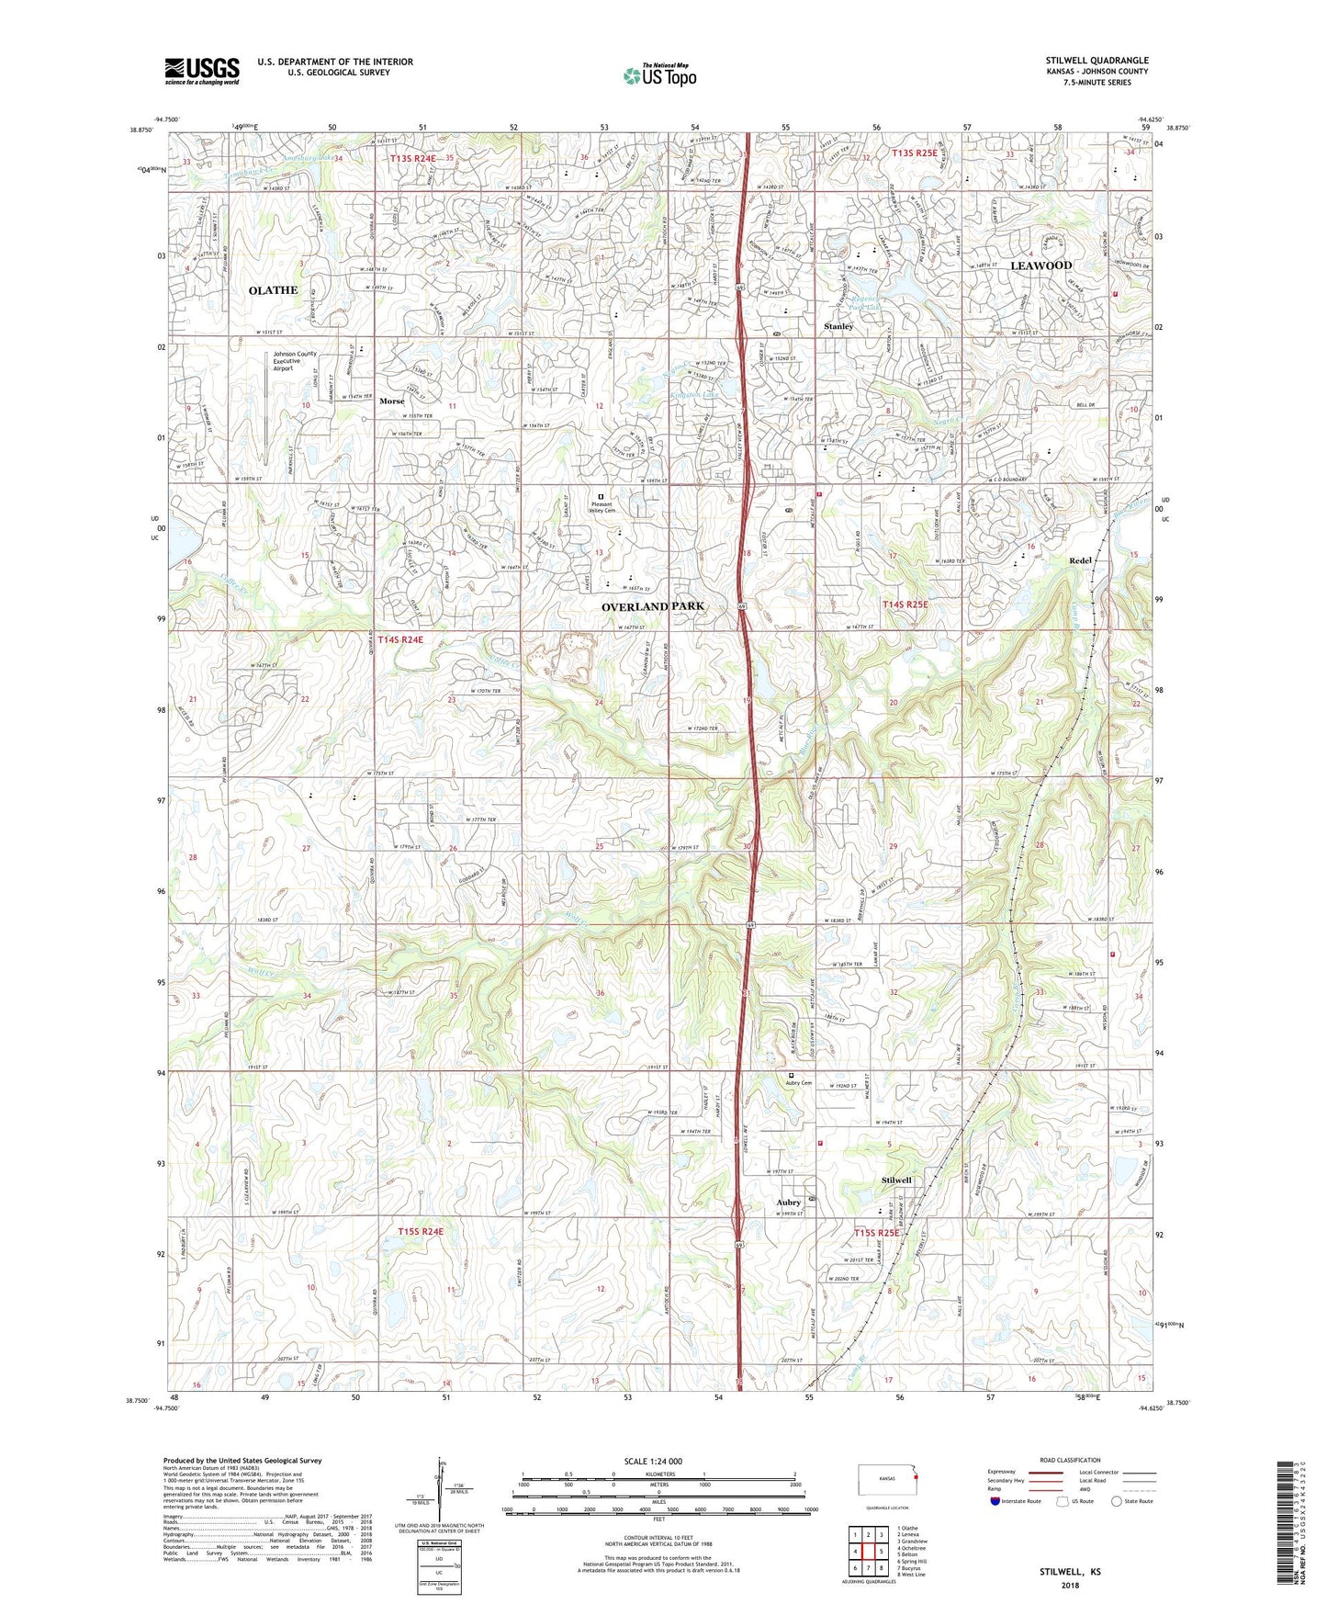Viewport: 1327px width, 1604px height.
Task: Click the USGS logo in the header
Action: (201, 70)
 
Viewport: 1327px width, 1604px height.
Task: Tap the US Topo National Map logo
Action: (659, 75)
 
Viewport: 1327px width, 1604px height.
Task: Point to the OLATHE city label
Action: (273, 290)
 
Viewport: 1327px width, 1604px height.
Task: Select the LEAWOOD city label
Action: (1040, 265)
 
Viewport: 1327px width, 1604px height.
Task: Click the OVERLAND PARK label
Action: (653, 606)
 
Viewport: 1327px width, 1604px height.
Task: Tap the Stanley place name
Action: (838, 326)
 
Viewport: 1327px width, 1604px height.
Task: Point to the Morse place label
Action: (392, 401)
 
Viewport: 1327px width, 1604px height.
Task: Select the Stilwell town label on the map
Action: (896, 1180)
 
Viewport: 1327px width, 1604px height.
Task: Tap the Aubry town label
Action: (788, 1202)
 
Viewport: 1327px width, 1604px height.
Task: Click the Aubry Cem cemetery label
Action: (799, 1083)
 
